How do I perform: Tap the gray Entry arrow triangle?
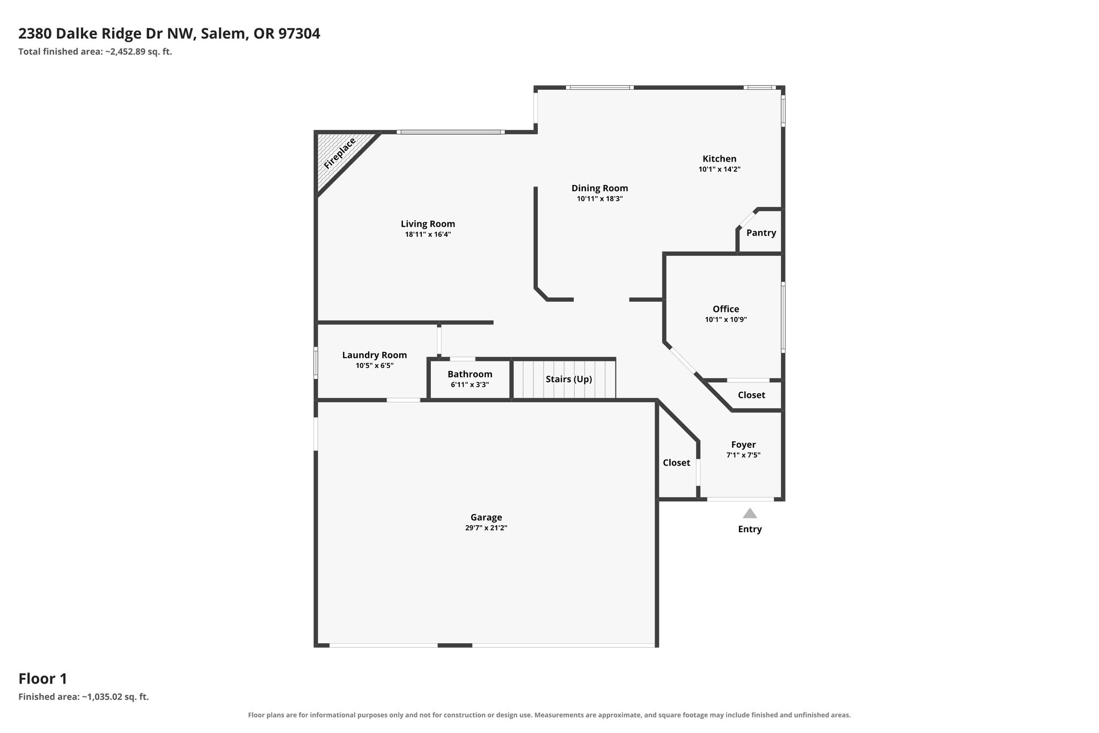[x=750, y=513]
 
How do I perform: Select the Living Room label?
[x=428, y=224]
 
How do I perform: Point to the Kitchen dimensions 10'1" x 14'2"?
[x=720, y=169]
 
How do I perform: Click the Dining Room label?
[x=599, y=188]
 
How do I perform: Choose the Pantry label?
[x=761, y=233]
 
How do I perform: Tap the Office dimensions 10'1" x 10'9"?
[x=726, y=320]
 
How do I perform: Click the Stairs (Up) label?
[x=569, y=379]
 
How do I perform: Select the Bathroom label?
[x=470, y=374]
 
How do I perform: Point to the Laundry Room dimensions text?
[x=375, y=366]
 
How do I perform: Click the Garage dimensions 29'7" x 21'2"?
[x=486, y=528]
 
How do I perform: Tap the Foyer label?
[x=744, y=445]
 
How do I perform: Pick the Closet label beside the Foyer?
[x=676, y=462]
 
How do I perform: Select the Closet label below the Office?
[x=751, y=395]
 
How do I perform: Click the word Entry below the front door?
[x=750, y=529]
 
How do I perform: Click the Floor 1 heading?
[x=43, y=679]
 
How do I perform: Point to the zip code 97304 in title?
[x=299, y=33]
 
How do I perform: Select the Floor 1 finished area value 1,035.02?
[x=104, y=697]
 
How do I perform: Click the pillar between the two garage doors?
[x=455, y=645]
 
